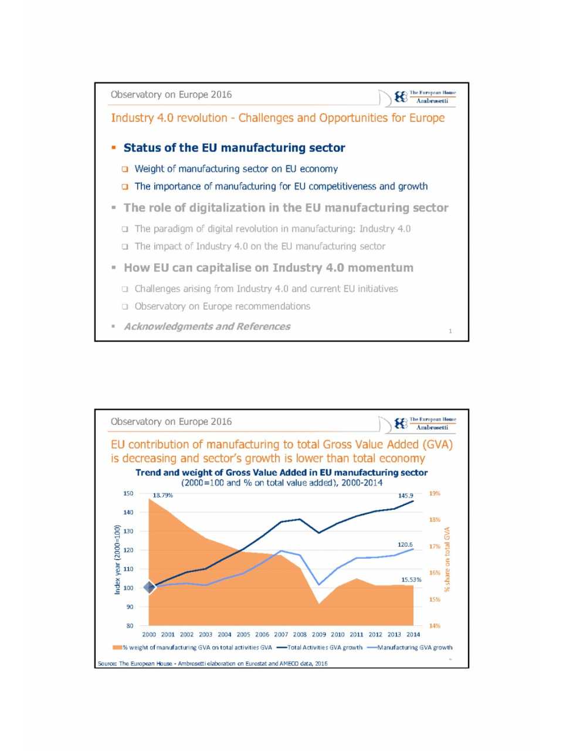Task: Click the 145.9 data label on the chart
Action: click(406, 496)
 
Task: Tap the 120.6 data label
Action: click(405, 544)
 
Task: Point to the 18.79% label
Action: click(162, 495)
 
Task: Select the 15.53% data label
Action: click(411, 580)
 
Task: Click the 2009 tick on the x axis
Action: click(318, 634)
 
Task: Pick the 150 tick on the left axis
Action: click(128, 493)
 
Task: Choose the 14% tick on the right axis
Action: click(435, 626)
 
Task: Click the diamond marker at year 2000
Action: click(150, 587)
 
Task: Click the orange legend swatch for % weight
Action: click(117, 648)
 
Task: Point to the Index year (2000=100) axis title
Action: click(117, 560)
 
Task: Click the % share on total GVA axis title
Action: click(447, 559)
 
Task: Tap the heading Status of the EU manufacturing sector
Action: click(234, 148)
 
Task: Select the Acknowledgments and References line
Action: click(207, 326)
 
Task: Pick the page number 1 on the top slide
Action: click(450, 331)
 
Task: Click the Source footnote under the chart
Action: click(212, 664)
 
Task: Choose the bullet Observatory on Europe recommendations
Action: click(222, 306)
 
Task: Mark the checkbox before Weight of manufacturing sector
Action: click(125, 169)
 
